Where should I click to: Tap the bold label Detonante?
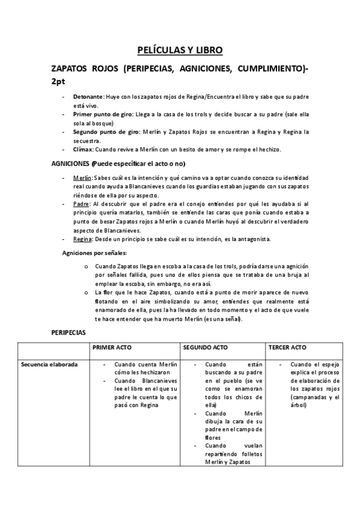click(x=88, y=96)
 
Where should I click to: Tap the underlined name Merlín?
click(x=82, y=179)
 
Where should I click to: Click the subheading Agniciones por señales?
click(x=95, y=253)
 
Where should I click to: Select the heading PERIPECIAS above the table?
click(x=69, y=332)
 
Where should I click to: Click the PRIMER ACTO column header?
click(x=112, y=348)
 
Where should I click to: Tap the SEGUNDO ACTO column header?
click(x=204, y=348)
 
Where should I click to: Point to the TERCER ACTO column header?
click(x=288, y=348)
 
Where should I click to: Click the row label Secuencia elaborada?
click(x=49, y=364)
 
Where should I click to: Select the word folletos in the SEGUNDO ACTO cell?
click(x=246, y=454)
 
